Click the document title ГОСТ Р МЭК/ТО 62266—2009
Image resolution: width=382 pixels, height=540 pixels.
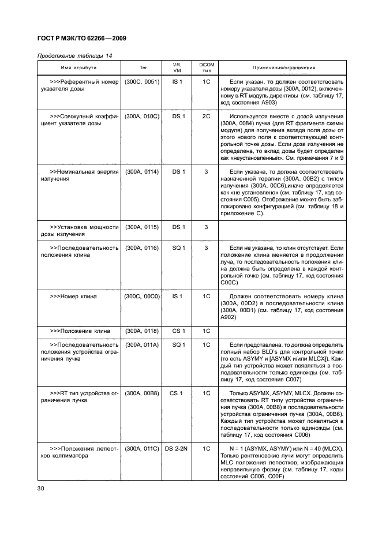(x=81, y=39)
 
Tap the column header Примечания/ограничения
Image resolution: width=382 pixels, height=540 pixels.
(x=283, y=67)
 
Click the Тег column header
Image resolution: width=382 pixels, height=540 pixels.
(x=143, y=67)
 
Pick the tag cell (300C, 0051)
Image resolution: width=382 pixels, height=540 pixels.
(x=143, y=82)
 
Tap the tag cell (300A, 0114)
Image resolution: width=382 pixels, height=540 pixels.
(x=143, y=172)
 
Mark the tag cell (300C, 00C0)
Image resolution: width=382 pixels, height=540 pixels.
(x=143, y=297)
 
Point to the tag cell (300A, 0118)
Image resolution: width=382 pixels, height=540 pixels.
(x=143, y=331)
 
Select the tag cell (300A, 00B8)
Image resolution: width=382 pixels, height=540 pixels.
(x=143, y=393)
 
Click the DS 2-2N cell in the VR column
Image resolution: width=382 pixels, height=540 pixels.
(x=178, y=448)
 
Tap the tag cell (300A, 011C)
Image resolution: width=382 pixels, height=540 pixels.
(x=143, y=448)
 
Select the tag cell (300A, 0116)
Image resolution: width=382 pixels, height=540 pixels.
(x=143, y=248)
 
